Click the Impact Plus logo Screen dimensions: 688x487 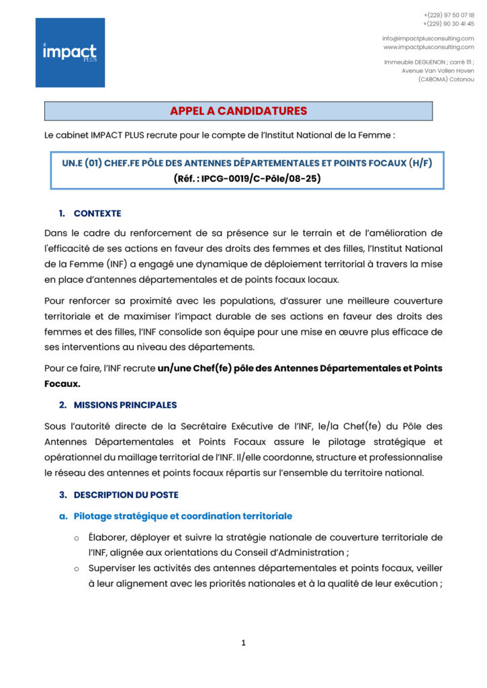tap(70, 52)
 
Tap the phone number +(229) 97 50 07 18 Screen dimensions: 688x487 tap(449, 15)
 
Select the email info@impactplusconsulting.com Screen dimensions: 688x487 tap(428, 38)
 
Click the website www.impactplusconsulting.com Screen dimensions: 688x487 tap(429, 47)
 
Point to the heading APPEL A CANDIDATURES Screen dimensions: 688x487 tap(238, 111)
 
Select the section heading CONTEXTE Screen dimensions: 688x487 tap(97, 214)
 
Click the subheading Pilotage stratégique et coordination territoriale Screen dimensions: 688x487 tap(183, 516)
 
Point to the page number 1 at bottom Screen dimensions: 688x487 tap(243, 643)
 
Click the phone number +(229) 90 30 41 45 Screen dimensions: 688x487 tap(449, 24)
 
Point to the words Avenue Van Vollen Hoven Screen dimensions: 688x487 tap(437, 70)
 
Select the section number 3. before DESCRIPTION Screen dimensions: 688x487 tap(62, 494)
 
